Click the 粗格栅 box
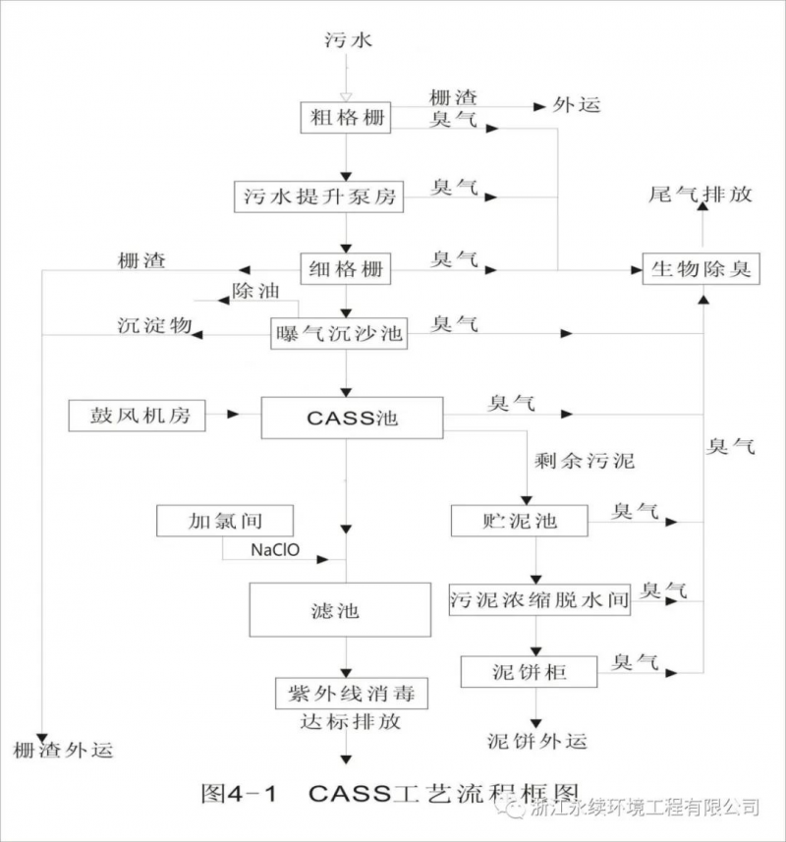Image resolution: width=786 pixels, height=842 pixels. click(345, 119)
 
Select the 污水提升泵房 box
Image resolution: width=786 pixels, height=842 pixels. click(319, 196)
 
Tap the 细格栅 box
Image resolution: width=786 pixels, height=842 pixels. click(346, 267)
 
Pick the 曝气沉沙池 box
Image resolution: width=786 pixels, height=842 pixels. click(337, 333)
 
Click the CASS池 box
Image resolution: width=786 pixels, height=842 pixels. click(351, 418)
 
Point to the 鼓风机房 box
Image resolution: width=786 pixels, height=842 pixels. click(137, 416)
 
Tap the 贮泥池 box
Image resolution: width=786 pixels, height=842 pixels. click(519, 520)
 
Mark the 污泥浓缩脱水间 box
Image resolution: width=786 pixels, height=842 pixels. click(538, 599)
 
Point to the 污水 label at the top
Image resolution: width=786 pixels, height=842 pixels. click(349, 40)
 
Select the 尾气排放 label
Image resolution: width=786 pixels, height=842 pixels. click(701, 194)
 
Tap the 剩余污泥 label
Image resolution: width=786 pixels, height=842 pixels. click(585, 460)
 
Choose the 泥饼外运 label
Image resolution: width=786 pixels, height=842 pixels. click(537, 740)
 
